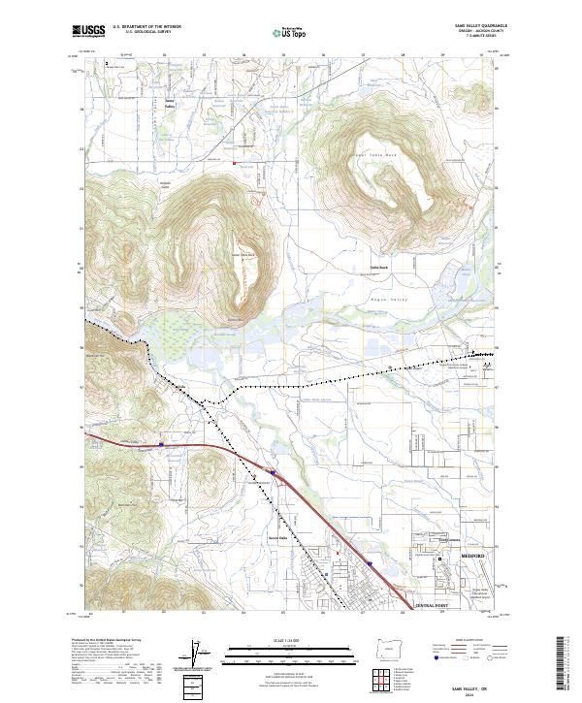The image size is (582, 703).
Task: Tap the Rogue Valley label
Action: pyautogui.click(x=387, y=302)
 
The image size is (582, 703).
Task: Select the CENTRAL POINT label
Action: pyautogui.click(x=433, y=606)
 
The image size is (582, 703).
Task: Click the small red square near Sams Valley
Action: pyautogui.click(x=233, y=162)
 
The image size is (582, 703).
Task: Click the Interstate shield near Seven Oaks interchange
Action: pyautogui.click(x=275, y=475)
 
